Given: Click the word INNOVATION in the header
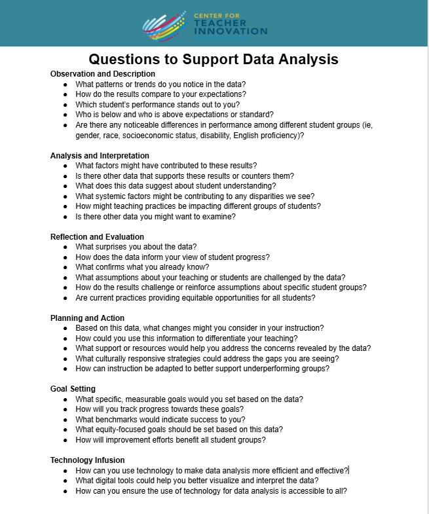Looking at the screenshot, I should pos(230,31).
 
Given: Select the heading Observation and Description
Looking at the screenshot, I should pos(103,74).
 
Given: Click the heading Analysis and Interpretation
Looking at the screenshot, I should pos(100,156).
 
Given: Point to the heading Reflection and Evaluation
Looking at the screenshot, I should pos(97,237).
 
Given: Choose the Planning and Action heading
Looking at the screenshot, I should pos(87,318).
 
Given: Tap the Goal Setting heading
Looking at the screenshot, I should pos(73,389).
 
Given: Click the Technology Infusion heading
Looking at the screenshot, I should pos(87,460).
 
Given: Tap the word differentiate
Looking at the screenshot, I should pos(242,339).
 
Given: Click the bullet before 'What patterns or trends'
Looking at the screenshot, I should pos(65,84).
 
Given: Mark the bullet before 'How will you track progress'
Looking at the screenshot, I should pos(65,409).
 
